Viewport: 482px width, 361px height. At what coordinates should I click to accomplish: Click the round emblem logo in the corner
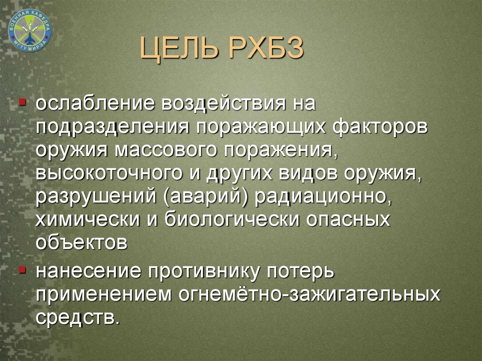30,30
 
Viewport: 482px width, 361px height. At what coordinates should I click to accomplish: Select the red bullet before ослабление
23,101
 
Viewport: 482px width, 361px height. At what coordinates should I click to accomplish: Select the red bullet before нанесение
23,270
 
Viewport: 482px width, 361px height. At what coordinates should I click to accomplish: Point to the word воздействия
224,104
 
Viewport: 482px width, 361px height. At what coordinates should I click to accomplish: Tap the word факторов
380,127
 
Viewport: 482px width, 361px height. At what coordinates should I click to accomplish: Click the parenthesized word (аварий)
206,196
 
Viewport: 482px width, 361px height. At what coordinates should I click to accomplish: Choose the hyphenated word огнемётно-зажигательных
309,293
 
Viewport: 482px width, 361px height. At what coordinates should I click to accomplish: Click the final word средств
77,317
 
